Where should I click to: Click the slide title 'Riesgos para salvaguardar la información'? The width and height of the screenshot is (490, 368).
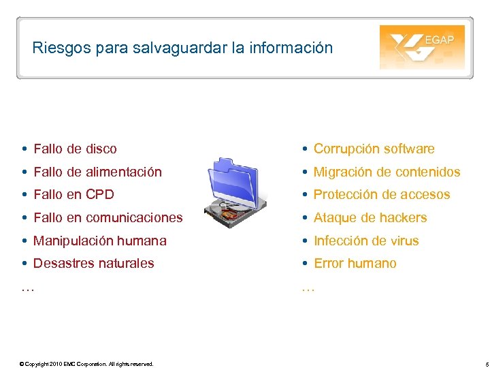click(x=182, y=48)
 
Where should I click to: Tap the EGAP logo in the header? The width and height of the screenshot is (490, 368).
click(x=422, y=47)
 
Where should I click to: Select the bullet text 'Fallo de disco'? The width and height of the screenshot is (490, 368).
click(x=75, y=149)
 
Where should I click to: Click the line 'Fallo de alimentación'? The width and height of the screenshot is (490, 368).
click(x=97, y=172)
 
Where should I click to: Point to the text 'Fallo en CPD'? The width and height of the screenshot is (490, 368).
click(x=73, y=195)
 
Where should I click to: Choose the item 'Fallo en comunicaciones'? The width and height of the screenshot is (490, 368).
click(x=108, y=218)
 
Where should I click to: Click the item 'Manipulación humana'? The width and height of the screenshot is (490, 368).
click(x=99, y=241)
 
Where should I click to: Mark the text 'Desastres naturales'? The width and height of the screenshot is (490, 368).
click(x=93, y=263)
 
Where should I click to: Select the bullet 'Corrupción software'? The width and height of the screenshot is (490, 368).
click(x=374, y=149)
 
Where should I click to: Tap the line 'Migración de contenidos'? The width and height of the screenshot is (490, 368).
click(x=387, y=172)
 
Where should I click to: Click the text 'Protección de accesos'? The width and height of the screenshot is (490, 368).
click(x=382, y=195)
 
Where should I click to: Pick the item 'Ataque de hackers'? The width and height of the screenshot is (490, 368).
click(x=370, y=218)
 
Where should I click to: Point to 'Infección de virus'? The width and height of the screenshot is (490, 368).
click(x=366, y=241)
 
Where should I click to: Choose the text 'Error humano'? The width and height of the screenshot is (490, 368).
click(x=355, y=263)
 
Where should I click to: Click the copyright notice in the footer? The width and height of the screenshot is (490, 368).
click(x=86, y=364)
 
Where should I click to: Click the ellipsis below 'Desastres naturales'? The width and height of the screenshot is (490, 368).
click(x=27, y=288)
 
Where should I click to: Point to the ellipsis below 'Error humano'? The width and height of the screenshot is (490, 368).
click(x=308, y=288)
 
